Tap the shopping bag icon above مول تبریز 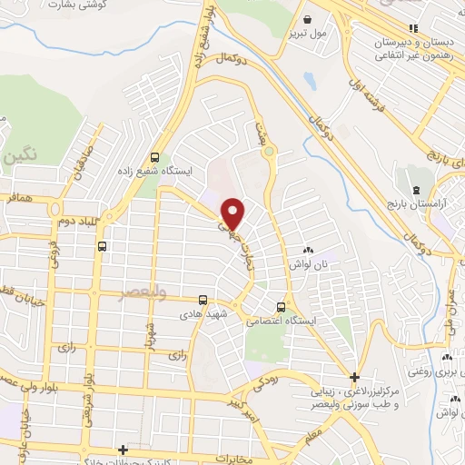click(308, 19)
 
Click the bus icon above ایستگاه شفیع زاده click(153, 155)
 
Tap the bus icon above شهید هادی click(203, 299)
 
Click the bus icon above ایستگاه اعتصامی click(281, 306)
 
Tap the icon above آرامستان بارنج click(416, 190)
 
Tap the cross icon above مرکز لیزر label click(354, 377)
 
